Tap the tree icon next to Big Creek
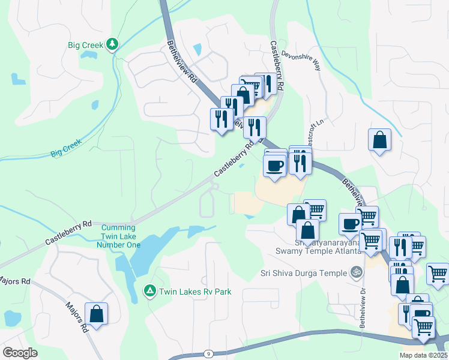tap(112, 44)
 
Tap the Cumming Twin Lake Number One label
tap(121, 236)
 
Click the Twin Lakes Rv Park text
tap(195, 292)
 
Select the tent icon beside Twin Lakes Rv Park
tap(149, 291)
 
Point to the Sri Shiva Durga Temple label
tap(304, 273)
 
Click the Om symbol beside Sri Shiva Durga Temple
tap(356, 272)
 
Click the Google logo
tap(20, 353)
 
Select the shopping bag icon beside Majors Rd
tap(96, 314)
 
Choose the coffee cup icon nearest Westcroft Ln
tap(275, 165)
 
